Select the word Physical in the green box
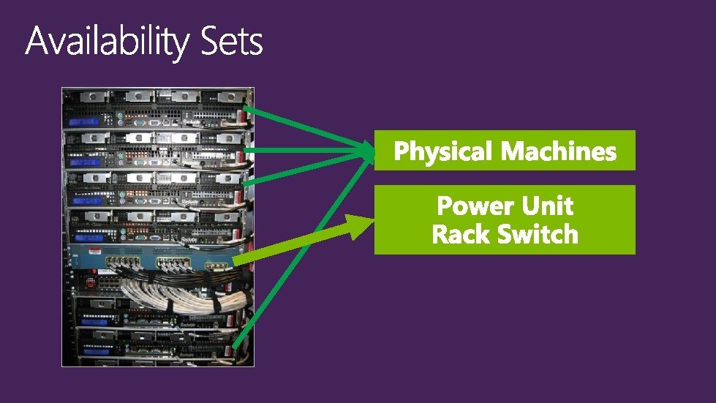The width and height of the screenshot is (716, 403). (x=443, y=151)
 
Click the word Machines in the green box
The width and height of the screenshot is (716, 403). (x=559, y=151)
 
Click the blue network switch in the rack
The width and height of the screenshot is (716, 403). (x=154, y=260)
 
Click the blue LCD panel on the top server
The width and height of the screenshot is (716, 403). (x=80, y=121)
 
